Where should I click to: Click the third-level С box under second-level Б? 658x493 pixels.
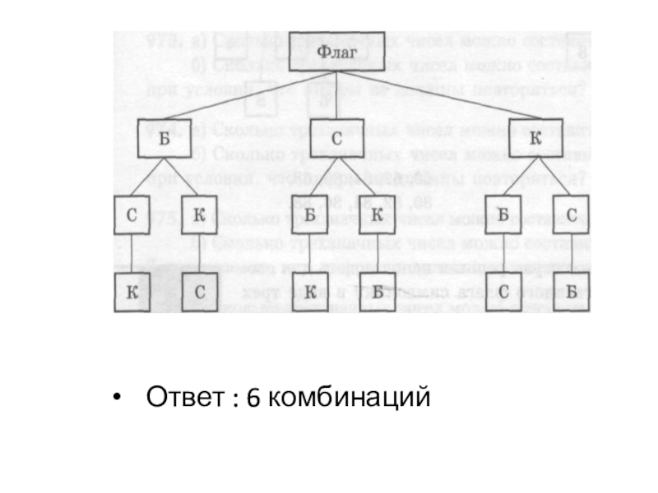[132, 216]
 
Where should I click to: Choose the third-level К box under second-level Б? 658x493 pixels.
[198, 216]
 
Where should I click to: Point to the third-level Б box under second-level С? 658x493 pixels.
[310, 216]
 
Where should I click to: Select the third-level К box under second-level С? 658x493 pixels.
[377, 216]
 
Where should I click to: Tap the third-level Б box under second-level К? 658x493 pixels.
[503, 216]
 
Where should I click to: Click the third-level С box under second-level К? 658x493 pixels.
[571, 216]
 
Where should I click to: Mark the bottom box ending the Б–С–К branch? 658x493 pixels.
[132, 292]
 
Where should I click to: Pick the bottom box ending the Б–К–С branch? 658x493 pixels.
[198, 292]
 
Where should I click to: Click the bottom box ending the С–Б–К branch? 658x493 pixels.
[310, 292]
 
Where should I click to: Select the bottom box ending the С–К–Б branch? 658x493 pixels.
[377, 292]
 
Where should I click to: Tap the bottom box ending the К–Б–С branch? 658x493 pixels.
[503, 292]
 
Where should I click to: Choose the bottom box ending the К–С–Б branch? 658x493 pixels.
[571, 292]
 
